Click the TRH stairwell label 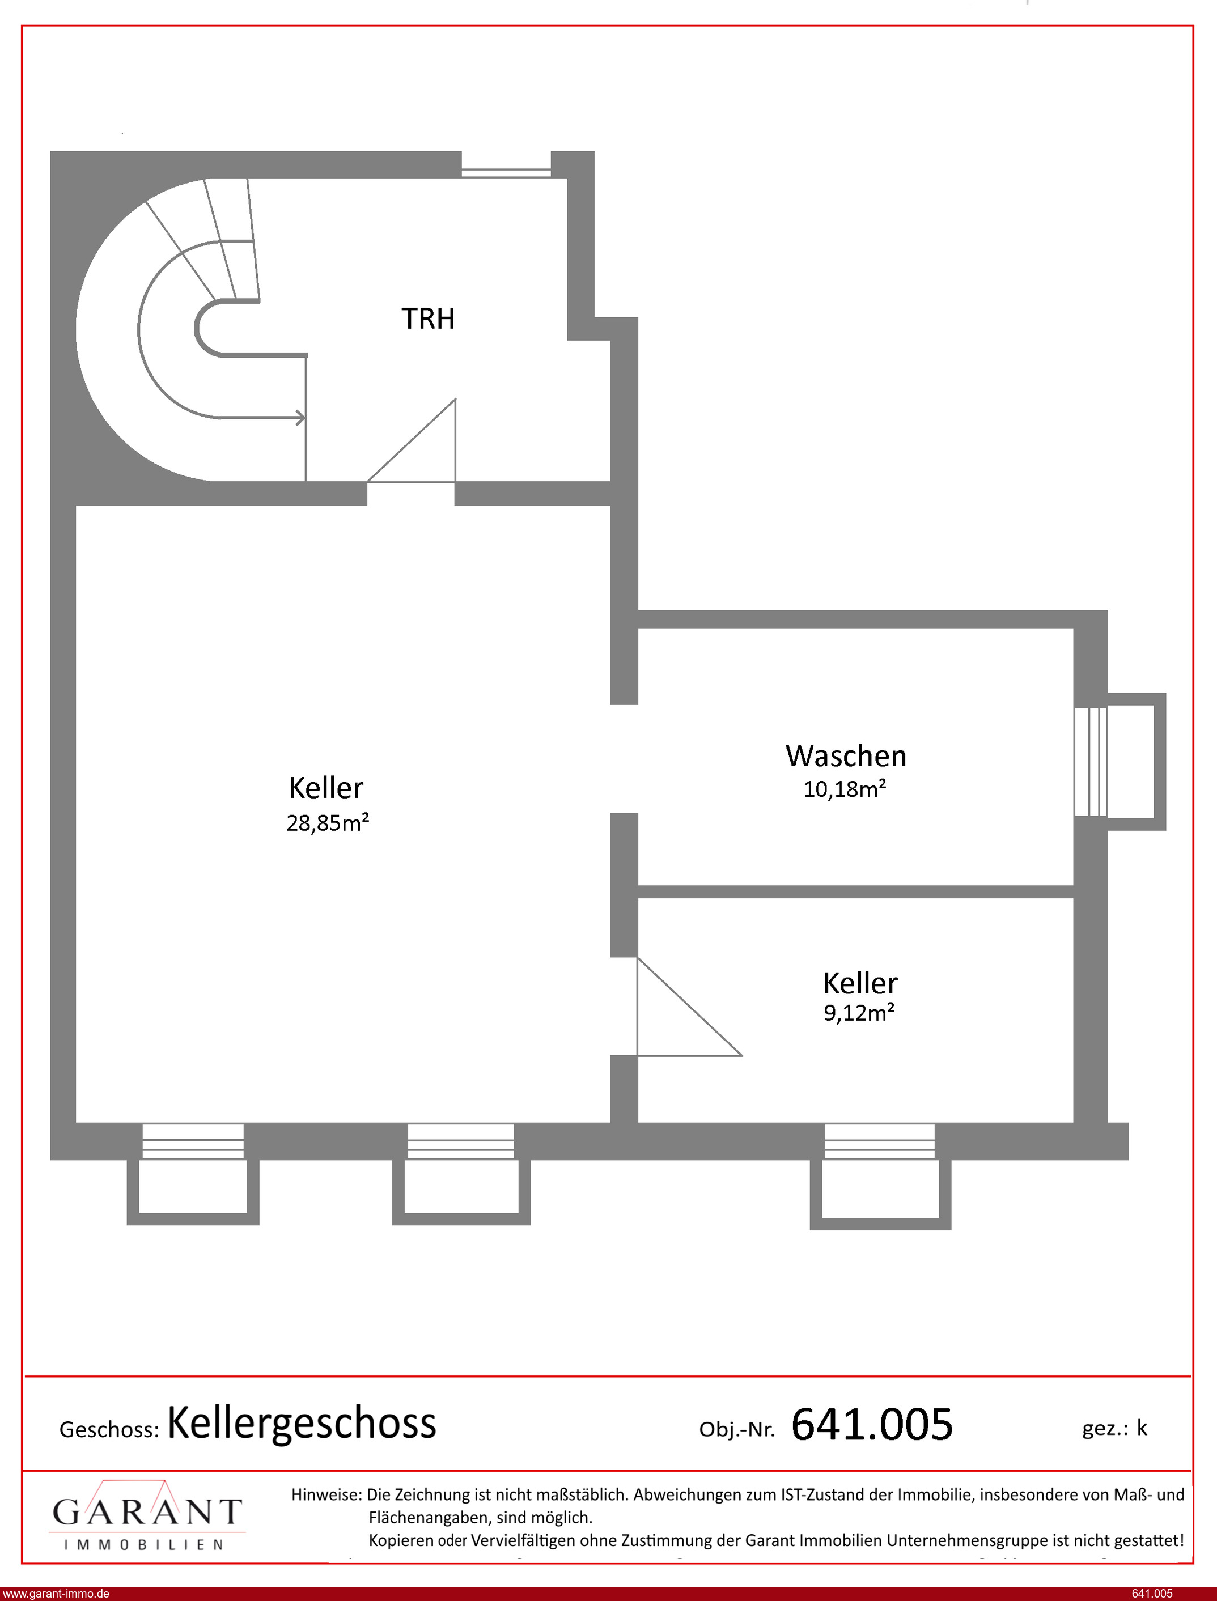coord(428,318)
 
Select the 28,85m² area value coord(328,822)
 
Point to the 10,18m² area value coord(845,788)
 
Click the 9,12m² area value coord(859,1012)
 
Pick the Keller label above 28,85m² coord(326,788)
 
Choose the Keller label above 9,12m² coord(860,983)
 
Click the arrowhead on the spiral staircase coord(300,418)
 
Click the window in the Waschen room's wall coord(1091,761)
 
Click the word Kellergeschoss coord(302,1423)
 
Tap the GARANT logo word coord(147,1512)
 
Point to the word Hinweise coord(326,1494)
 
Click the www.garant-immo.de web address coord(56,1593)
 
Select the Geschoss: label coord(109,1429)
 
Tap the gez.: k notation coord(1115,1428)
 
